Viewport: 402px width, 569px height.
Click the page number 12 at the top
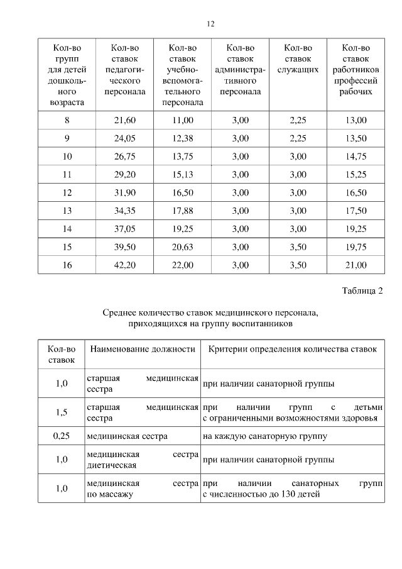[x=210, y=24]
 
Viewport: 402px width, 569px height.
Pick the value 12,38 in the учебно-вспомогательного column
[x=182, y=138]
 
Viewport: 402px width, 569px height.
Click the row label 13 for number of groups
[x=67, y=211]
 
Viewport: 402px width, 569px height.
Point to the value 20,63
[x=182, y=247]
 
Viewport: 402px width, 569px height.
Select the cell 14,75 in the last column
[x=356, y=157]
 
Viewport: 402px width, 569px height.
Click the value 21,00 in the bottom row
[x=356, y=265]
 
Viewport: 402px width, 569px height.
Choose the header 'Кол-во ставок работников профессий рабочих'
[x=356, y=69]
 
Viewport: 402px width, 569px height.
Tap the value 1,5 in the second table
[x=62, y=412]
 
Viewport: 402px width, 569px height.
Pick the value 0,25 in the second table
[x=62, y=435]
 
